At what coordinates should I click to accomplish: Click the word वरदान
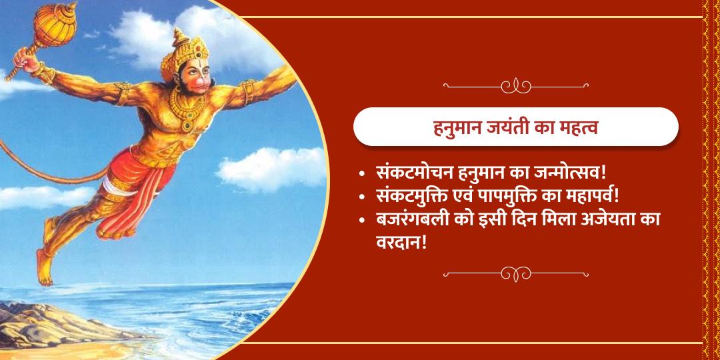pos(400,242)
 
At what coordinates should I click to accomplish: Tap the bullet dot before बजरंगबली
pos(361,221)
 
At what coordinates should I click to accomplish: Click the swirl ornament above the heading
pos(515,86)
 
